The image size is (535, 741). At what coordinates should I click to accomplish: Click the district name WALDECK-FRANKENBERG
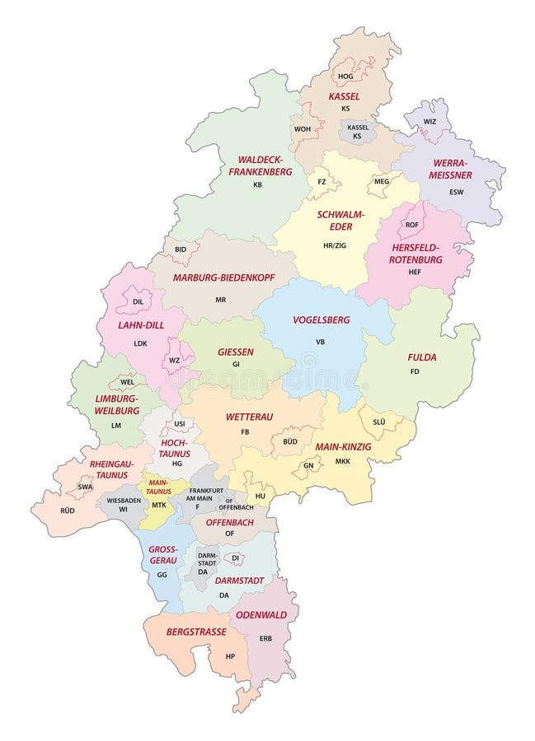pyautogui.click(x=260, y=165)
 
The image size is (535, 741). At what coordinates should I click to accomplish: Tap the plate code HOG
pyautogui.click(x=345, y=76)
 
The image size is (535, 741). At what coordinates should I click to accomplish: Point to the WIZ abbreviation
pyautogui.click(x=429, y=121)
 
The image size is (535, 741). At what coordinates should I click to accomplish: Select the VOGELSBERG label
pyautogui.click(x=321, y=319)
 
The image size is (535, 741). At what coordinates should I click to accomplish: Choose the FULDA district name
pyautogui.click(x=421, y=357)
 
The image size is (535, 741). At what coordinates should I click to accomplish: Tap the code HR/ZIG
pyautogui.click(x=334, y=245)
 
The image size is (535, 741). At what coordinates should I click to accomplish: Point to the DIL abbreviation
pyautogui.click(x=138, y=302)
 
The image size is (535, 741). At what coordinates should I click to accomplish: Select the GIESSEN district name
pyautogui.click(x=236, y=352)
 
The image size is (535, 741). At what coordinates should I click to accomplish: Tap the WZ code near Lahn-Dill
pyautogui.click(x=174, y=360)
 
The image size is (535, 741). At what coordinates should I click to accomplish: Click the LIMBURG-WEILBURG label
pyautogui.click(x=116, y=403)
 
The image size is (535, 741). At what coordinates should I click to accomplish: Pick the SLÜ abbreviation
pyautogui.click(x=379, y=421)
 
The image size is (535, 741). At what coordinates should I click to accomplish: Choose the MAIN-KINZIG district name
pyautogui.click(x=344, y=446)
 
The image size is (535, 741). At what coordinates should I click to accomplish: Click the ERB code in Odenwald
pyautogui.click(x=265, y=638)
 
